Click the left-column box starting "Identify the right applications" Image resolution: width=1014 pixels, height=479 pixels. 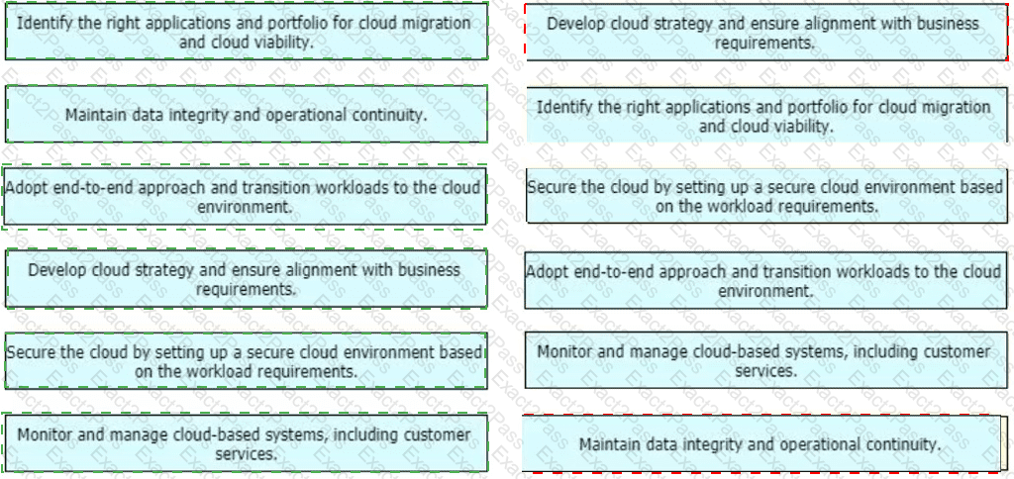pyautogui.click(x=247, y=31)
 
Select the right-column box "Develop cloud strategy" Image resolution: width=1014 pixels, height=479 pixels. pyautogui.click(x=767, y=33)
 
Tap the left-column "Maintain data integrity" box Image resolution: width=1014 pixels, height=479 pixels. pyautogui.click(x=247, y=114)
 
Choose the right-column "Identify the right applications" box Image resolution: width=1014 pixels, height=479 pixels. pyautogui.click(x=767, y=115)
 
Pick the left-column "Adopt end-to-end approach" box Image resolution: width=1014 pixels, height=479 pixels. pyautogui.click(x=245, y=197)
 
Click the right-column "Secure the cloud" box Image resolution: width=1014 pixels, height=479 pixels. pyautogui.click(x=767, y=196)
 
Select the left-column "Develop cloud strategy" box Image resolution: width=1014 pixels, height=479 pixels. pyautogui.click(x=247, y=279)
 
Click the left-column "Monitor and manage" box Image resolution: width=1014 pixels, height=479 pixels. pyautogui.click(x=246, y=442)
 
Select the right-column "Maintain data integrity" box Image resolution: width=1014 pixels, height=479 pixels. pyautogui.click(x=761, y=443)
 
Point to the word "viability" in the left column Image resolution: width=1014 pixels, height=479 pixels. pyautogui.click(x=283, y=43)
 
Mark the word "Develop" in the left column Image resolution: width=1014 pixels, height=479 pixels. pyautogui.click(x=50, y=269)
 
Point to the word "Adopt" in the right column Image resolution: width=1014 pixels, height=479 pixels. pyautogui.click(x=545, y=272)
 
